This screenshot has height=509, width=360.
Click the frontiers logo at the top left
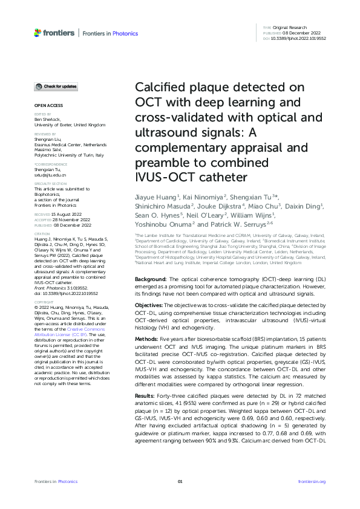point(54,33)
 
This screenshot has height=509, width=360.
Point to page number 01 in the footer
point(180,481)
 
